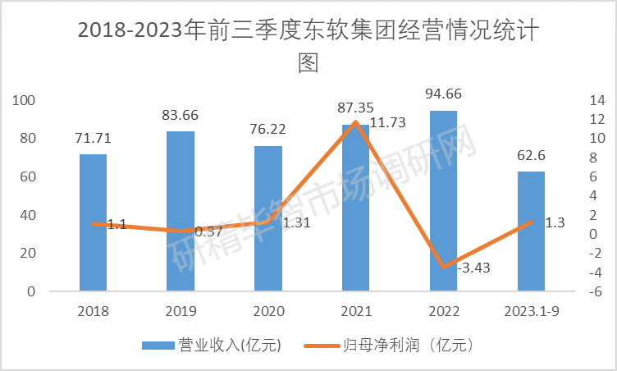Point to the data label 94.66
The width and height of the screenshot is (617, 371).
[x=443, y=94]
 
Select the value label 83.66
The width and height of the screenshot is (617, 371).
[x=181, y=115]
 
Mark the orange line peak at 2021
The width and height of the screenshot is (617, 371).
[x=355, y=122]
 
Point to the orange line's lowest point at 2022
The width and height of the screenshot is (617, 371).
[x=443, y=267]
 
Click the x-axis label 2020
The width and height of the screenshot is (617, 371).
[x=267, y=312]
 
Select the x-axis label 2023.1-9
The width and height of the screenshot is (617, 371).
[x=531, y=312]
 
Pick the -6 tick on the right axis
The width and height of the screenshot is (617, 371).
[x=596, y=291]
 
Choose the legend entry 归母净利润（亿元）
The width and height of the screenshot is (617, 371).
[x=407, y=346]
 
